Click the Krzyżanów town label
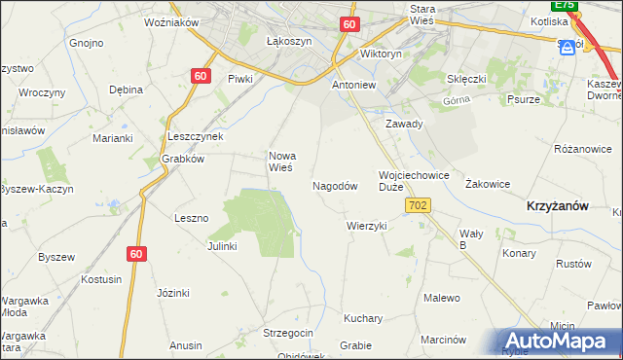click(x=557, y=206)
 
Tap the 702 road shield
click(x=419, y=205)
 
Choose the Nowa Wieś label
click(x=281, y=161)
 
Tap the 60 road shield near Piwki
click(x=201, y=76)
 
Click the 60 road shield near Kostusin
click(x=136, y=254)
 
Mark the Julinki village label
click(x=222, y=246)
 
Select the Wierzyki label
click(x=367, y=226)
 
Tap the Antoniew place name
click(x=354, y=85)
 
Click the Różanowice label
click(x=582, y=149)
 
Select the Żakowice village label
click(x=488, y=183)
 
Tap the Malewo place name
click(x=441, y=298)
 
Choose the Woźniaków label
click(x=170, y=21)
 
